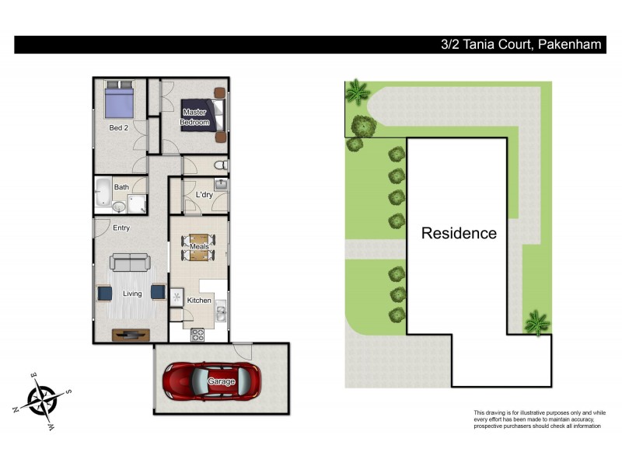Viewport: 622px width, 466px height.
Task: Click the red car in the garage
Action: click(211, 381)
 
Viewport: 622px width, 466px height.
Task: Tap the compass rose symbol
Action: click(42, 400)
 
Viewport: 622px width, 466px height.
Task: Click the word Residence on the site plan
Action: click(459, 233)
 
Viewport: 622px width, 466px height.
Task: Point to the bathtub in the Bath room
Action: click(103, 193)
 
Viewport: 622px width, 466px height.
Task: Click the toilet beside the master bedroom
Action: click(222, 165)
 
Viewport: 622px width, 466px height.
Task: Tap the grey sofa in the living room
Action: click(131, 262)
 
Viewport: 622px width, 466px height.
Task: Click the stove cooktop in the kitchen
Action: click(197, 336)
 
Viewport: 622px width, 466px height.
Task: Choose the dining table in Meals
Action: click(200, 247)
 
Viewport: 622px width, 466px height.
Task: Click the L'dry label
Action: click(204, 195)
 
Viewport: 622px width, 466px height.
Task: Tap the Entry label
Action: click(121, 228)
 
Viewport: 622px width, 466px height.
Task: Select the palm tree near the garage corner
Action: click(536, 322)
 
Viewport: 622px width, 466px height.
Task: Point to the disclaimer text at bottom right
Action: click(539, 419)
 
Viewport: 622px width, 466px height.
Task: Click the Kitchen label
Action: click(199, 301)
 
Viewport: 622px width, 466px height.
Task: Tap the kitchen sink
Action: click(221, 313)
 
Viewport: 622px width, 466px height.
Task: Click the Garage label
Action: click(221, 381)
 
